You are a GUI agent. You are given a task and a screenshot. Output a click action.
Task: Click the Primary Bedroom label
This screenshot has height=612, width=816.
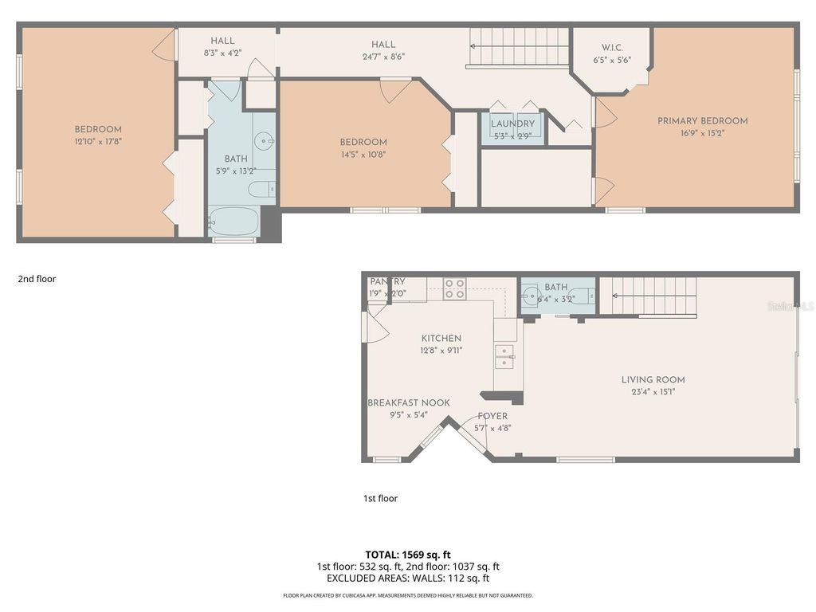702,121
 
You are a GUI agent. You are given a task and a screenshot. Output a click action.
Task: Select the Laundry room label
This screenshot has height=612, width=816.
512,124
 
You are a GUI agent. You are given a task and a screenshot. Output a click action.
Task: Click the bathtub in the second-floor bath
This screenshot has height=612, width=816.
234,221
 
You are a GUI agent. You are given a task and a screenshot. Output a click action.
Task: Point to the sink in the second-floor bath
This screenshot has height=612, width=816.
264,141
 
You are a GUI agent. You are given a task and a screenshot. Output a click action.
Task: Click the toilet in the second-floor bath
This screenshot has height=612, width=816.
261,189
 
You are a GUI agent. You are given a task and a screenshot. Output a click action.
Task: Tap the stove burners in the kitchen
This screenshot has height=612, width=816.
454,288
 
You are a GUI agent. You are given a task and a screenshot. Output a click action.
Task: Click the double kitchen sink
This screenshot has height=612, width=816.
504,356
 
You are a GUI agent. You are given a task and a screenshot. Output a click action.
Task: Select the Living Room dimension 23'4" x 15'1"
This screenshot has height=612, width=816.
653,392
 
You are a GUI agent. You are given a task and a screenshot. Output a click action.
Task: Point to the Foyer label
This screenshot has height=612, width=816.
492,416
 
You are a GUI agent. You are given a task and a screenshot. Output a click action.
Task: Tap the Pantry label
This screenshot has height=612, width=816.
387,282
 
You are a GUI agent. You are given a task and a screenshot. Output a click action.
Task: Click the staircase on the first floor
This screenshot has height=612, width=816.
647,296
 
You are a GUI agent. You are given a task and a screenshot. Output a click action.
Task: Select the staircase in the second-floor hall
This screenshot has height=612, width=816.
517,48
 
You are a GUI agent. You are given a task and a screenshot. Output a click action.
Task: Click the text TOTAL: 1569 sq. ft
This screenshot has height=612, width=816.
407,555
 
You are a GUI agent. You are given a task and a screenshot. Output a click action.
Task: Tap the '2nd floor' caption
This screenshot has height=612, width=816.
37,279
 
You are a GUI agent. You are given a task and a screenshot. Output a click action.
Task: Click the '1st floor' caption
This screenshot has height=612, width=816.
380,498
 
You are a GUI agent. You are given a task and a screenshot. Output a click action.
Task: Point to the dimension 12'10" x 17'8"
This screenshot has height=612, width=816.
98,141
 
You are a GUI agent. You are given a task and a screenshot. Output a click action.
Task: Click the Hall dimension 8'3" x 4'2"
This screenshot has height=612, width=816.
222,53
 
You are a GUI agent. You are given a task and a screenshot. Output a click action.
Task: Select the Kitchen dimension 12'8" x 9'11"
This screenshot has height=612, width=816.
441,351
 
